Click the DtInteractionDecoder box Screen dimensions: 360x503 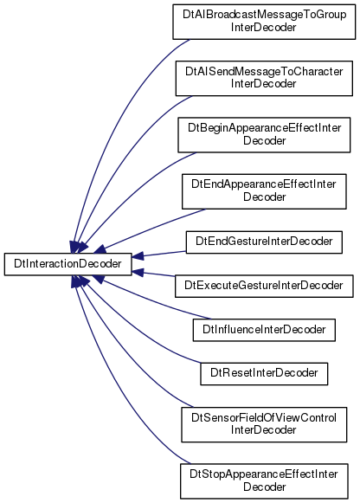68,264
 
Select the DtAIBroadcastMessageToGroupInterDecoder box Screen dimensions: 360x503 264,22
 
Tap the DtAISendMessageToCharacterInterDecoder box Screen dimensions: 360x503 264,78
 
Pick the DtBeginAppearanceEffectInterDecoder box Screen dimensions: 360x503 264,135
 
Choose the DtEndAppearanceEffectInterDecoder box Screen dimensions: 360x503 264,191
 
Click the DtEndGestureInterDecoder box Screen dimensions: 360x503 264,242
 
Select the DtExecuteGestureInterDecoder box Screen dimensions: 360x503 264,286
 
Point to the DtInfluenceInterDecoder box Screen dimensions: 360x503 264,330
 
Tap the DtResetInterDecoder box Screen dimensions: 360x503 264,374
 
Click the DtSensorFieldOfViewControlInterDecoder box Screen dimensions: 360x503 264,425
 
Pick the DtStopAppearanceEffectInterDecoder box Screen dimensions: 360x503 264,481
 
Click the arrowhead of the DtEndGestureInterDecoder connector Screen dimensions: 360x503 138,256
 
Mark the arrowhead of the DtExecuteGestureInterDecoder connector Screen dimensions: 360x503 138,273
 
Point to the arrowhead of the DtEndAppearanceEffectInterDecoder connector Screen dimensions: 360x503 100,249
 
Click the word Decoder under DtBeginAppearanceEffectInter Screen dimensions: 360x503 265,141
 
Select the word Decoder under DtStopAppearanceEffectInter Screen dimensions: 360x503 265,487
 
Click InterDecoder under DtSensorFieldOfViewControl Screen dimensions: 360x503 263,430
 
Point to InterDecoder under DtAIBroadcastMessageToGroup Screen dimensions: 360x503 263,27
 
